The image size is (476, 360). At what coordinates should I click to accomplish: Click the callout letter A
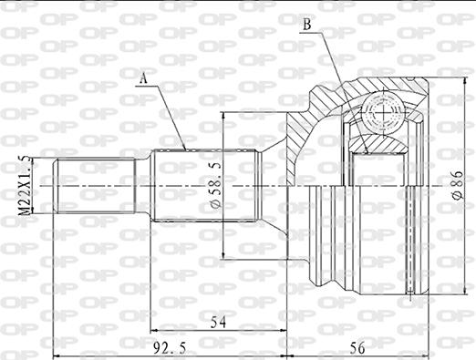tap(143, 78)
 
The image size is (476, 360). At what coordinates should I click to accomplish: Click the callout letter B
tap(307, 25)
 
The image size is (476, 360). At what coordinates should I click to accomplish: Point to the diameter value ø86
tap(455, 188)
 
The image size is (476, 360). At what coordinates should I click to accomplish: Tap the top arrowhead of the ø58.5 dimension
tap(223, 118)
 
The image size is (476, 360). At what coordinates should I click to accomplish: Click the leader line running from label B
tap(333, 59)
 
